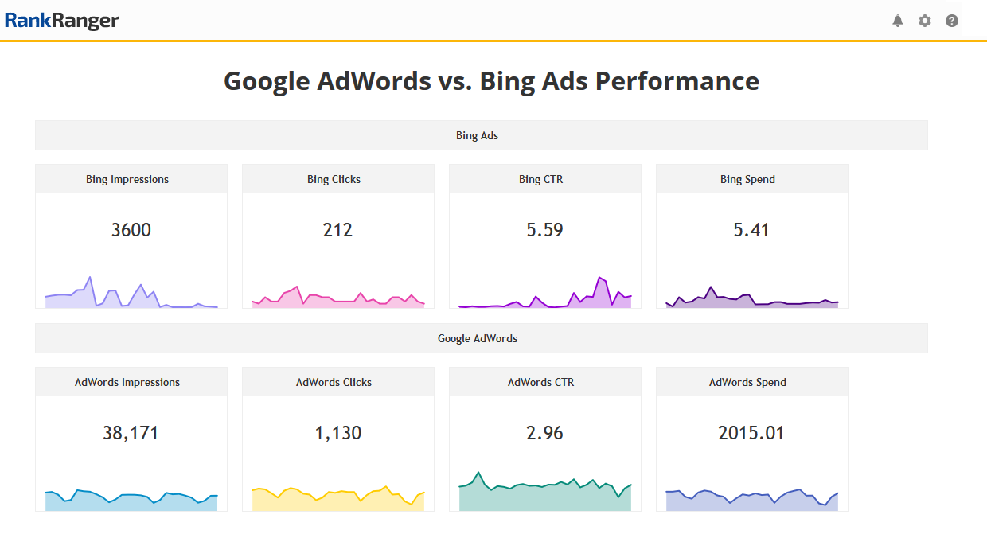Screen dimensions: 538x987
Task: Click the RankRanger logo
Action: coord(61,21)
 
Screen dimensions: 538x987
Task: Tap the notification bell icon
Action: coord(898,21)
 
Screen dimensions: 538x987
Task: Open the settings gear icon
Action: coord(924,21)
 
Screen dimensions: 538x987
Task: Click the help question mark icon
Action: coord(951,21)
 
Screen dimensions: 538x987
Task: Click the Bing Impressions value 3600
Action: coord(131,230)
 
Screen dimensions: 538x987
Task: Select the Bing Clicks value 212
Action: coord(337,230)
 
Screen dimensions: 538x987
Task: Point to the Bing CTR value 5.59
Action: coord(544,230)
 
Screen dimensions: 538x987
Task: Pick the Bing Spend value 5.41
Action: coord(751,230)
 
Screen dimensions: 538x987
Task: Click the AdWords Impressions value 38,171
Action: coord(131,433)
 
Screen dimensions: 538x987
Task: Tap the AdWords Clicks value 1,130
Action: coord(337,433)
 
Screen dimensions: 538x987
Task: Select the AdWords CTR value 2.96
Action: coord(544,433)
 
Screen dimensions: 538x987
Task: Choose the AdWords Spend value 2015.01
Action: coord(751,433)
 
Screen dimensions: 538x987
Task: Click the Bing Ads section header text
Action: coord(477,135)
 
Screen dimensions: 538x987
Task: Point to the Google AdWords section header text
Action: coord(477,338)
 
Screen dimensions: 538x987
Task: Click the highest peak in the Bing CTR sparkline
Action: coord(599,278)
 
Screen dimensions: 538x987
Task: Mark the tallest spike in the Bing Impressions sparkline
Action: coord(90,278)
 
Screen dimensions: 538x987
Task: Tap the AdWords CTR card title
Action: coord(540,382)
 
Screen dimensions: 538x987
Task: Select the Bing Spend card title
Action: coord(747,179)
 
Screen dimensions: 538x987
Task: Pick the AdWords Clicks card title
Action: coord(334,382)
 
